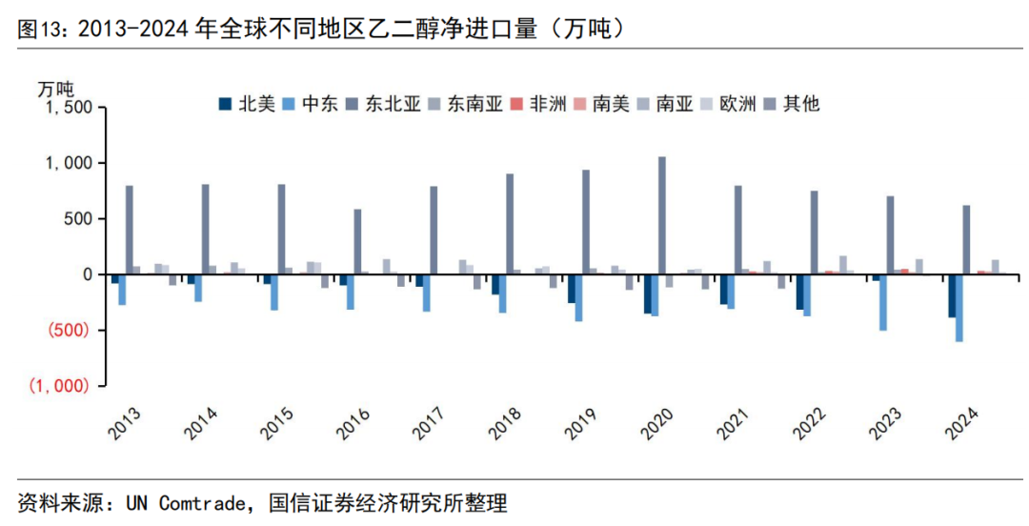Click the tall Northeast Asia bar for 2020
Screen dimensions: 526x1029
662,215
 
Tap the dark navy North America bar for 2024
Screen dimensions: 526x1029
952,296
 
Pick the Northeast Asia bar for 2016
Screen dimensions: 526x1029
357,242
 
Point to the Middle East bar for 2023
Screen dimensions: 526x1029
883,302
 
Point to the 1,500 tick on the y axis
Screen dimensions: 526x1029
66,108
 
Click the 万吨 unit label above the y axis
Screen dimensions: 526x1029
56,89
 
